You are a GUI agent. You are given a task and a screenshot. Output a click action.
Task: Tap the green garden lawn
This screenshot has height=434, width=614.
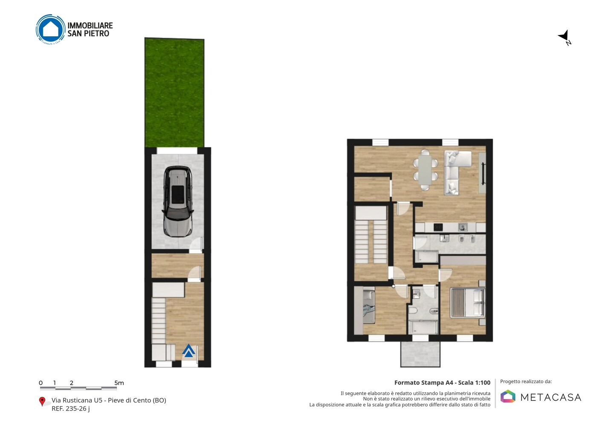click(x=174, y=93)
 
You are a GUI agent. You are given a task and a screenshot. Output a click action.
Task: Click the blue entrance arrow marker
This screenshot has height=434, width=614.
click(x=188, y=351)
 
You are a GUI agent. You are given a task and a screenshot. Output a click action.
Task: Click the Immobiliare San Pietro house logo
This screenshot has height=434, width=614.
click(x=50, y=29)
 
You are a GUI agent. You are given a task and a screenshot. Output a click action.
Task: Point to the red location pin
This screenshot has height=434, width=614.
click(x=42, y=402)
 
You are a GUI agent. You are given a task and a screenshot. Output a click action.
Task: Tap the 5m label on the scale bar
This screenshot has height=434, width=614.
click(x=119, y=383)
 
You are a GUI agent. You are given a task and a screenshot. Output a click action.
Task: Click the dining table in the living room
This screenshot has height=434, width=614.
click(x=425, y=170)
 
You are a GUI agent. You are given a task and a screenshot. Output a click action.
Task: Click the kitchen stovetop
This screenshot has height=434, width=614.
click(x=438, y=227)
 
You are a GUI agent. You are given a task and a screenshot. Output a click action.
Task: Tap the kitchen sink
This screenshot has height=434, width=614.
click(x=463, y=227)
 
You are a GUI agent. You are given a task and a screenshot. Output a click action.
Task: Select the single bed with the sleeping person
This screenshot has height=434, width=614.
click(x=369, y=307)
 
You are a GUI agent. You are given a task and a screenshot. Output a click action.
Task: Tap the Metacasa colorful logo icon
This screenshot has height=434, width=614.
click(x=508, y=396)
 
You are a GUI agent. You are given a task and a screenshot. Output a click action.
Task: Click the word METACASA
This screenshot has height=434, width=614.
click(x=551, y=397)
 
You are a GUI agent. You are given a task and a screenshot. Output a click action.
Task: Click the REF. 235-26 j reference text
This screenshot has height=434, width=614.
click(x=71, y=408)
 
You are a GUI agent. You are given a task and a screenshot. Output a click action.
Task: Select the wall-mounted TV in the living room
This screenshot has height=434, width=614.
click(x=483, y=174)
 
